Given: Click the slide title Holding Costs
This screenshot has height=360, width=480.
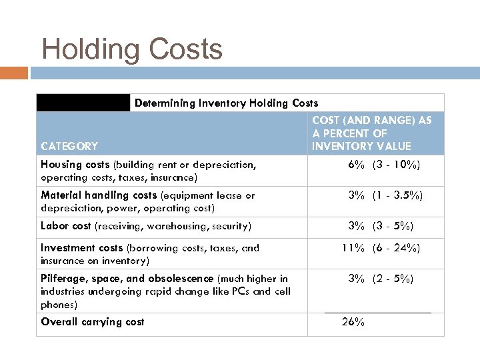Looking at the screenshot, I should point(132,49).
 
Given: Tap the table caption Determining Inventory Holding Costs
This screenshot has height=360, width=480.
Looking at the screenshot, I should point(226,103).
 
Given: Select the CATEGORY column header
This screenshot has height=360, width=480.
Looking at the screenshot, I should point(69,146).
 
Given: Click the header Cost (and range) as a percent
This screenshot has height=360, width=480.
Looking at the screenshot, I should point(371,133).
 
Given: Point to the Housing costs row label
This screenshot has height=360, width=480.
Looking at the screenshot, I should point(75,165).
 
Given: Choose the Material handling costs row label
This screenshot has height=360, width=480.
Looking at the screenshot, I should point(99,195).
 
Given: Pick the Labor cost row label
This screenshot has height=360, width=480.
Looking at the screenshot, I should point(67,226).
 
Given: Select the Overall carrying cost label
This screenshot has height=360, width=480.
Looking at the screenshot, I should point(92,322).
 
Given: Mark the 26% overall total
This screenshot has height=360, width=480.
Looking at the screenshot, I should point(353,322).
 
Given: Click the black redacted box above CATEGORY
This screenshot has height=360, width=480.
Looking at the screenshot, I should point(83,103).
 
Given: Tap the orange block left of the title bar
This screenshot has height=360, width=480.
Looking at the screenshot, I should point(14,72).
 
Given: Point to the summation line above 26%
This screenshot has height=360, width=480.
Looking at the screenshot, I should point(377,313).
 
